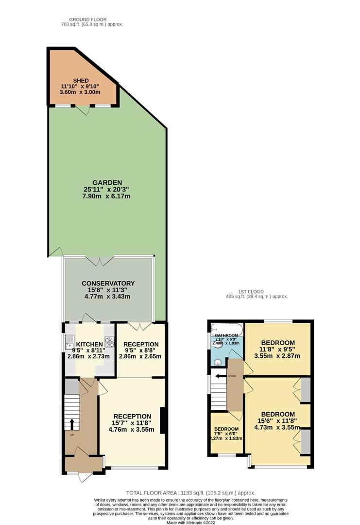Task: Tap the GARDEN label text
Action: pyautogui.click(x=108, y=183)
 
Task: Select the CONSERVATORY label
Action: pyautogui.click(x=108, y=283)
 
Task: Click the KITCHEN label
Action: pyautogui.click(x=89, y=344)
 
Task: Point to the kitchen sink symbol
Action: pyautogui.click(x=69, y=343)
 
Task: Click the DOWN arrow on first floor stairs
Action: pyautogui.click(x=222, y=376)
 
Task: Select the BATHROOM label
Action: pyautogui.click(x=226, y=335)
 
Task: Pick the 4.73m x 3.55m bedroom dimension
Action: pyautogui.click(x=277, y=429)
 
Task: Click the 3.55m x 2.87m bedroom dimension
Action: pyautogui.click(x=277, y=356)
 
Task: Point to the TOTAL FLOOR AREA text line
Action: pyautogui.click(x=190, y=492)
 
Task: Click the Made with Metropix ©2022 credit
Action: pyautogui.click(x=191, y=523)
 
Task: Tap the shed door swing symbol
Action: pyautogui.click(x=86, y=111)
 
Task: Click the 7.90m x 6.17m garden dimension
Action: pyautogui.click(x=108, y=196)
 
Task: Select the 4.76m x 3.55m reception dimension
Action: pyautogui.click(x=131, y=429)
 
